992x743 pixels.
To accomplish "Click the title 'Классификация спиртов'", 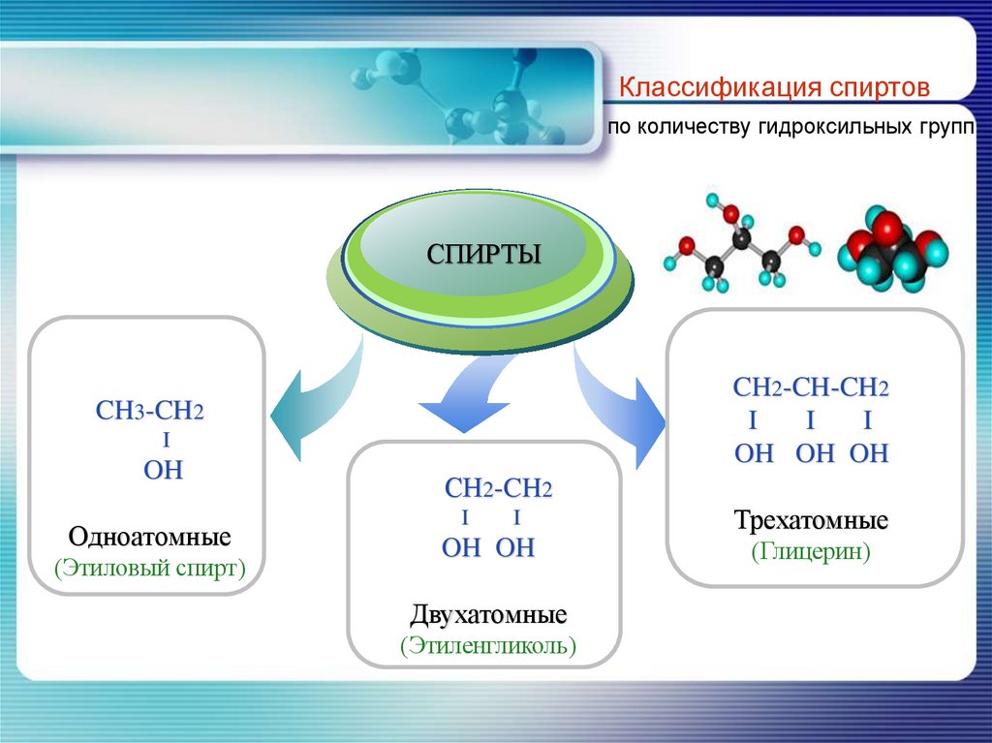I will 775,88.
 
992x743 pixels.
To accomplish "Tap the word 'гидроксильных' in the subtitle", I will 828,128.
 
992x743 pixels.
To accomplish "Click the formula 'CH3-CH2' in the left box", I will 150,411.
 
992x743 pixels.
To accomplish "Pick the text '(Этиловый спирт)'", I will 150,567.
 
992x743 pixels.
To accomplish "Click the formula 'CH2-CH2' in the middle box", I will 498,488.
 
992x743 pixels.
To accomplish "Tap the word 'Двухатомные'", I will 488,615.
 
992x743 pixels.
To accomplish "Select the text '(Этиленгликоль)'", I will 488,645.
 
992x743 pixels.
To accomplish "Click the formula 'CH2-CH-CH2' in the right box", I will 811,389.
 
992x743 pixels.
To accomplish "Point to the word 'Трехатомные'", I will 812,521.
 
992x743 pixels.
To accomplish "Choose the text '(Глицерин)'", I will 812,552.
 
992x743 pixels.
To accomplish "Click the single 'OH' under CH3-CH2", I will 163,472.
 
